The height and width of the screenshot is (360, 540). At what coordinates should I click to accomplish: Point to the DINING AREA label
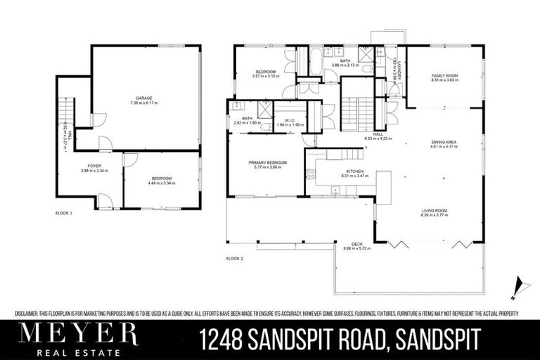point(444,142)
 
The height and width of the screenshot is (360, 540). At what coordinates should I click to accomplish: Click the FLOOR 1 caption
point(64,212)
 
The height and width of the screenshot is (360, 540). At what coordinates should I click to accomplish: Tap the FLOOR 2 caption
point(234,259)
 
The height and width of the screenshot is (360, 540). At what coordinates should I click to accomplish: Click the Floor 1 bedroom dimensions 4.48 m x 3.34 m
point(161,182)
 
